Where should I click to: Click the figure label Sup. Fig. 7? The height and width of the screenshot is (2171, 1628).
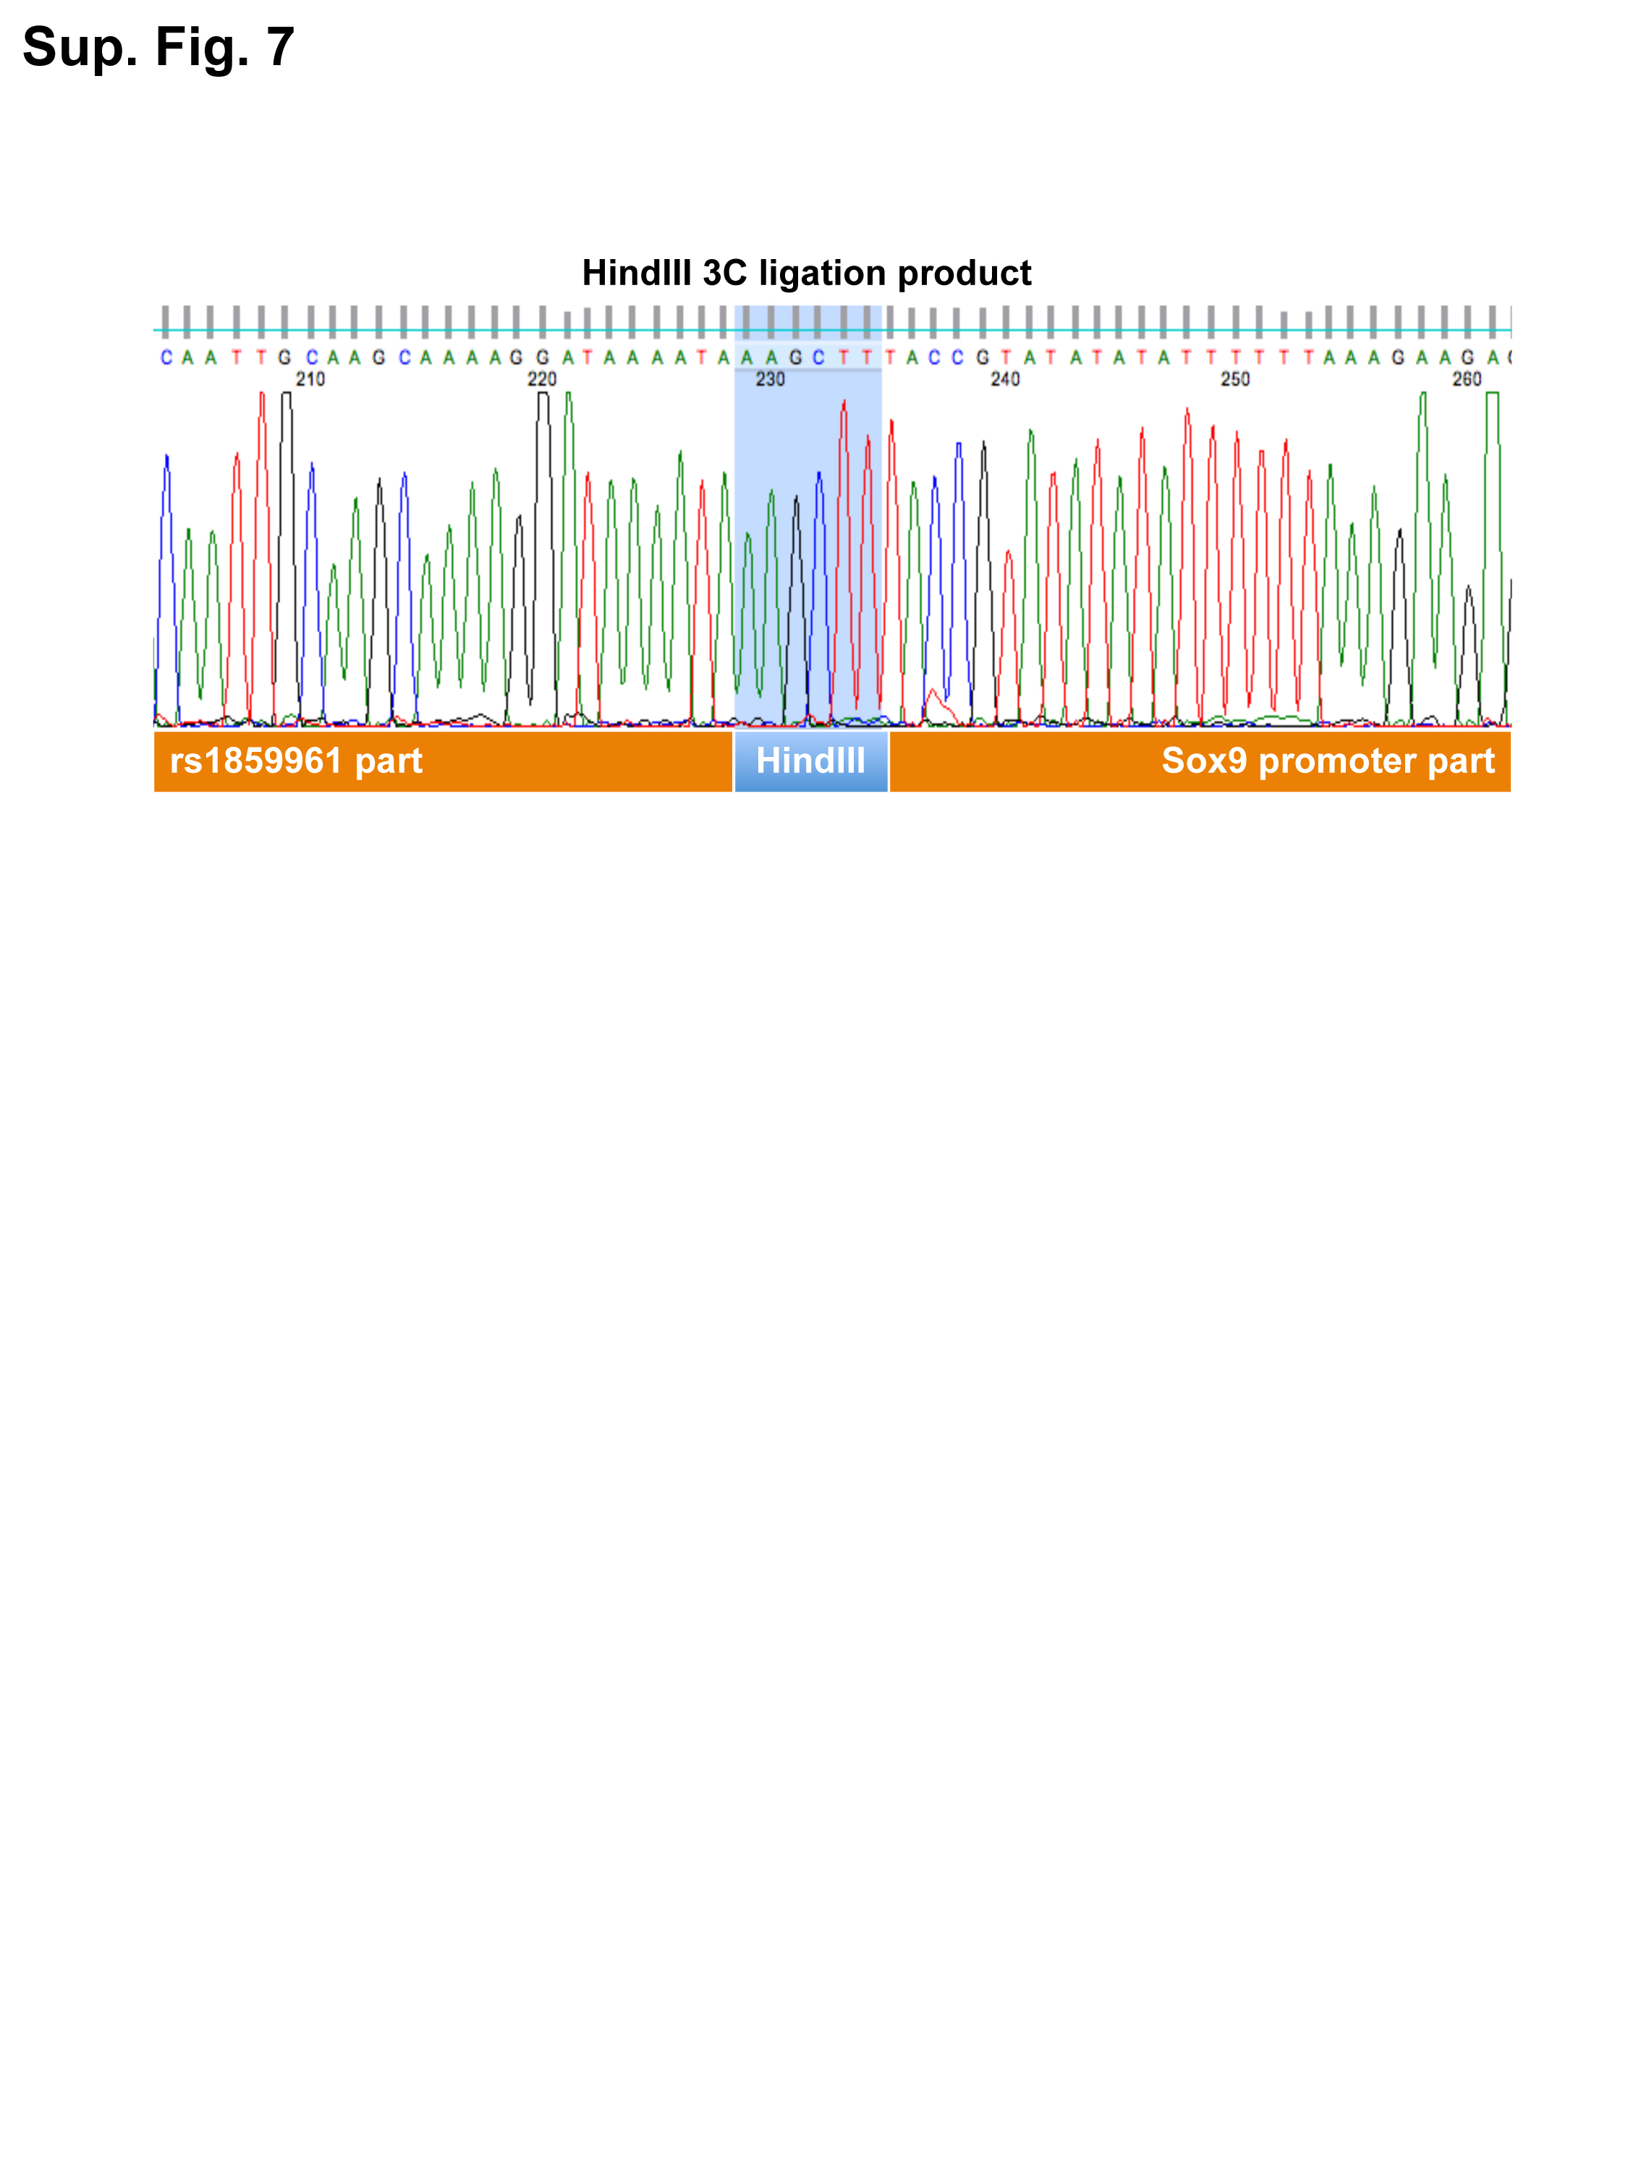158,47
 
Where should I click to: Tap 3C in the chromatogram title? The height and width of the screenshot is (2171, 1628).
724,273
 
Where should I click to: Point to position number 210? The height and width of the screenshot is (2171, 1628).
310,379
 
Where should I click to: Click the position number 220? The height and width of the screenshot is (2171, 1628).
542,379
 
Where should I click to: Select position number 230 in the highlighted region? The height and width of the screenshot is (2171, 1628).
771,379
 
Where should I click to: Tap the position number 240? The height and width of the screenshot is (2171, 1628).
1005,379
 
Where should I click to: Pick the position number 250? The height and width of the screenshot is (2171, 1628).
1234,379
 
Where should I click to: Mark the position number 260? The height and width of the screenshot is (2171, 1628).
1466,379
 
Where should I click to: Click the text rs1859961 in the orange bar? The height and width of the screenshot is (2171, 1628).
256,761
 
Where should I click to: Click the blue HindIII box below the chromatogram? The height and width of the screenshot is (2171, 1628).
810,761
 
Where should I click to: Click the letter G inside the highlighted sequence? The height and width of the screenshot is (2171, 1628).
795,357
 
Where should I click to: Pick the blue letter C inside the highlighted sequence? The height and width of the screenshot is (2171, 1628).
818,357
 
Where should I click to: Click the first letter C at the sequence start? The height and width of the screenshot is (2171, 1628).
166,357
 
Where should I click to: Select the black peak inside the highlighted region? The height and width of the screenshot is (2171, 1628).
796,609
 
